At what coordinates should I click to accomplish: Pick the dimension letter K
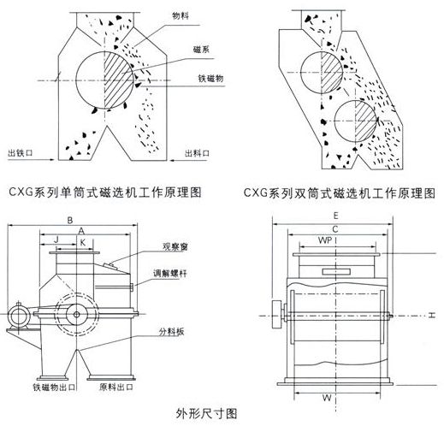(82, 242)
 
